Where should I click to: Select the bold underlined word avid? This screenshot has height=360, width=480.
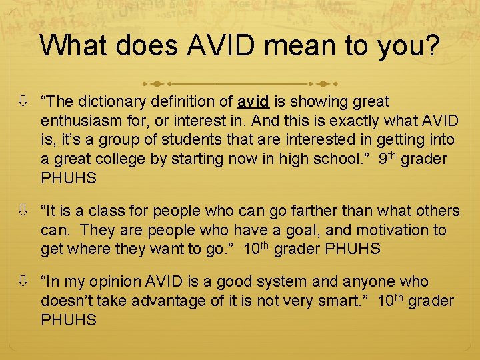tap(253, 103)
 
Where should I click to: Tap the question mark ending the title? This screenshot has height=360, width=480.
tap(431, 45)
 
